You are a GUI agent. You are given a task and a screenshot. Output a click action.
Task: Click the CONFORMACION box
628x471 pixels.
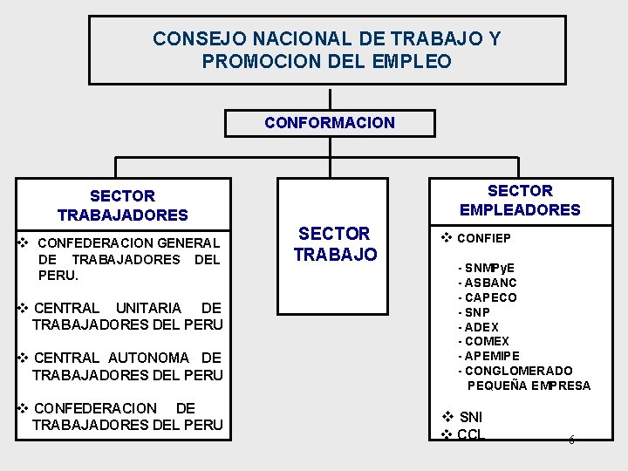click(330, 123)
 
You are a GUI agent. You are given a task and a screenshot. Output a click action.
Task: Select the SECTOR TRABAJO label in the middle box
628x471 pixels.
click(334, 244)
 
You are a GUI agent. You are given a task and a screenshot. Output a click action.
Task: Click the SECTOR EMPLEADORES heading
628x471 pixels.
click(519, 200)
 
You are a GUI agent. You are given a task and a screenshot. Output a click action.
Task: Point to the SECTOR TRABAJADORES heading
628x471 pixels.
click(122, 205)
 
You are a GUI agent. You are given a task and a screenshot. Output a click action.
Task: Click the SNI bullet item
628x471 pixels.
click(470, 417)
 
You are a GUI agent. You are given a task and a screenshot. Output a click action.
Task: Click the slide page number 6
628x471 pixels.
click(571, 440)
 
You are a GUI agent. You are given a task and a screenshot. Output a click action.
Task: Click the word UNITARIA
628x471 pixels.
click(148, 308)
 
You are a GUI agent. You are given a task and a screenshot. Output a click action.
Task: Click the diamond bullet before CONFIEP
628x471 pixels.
click(446, 237)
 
